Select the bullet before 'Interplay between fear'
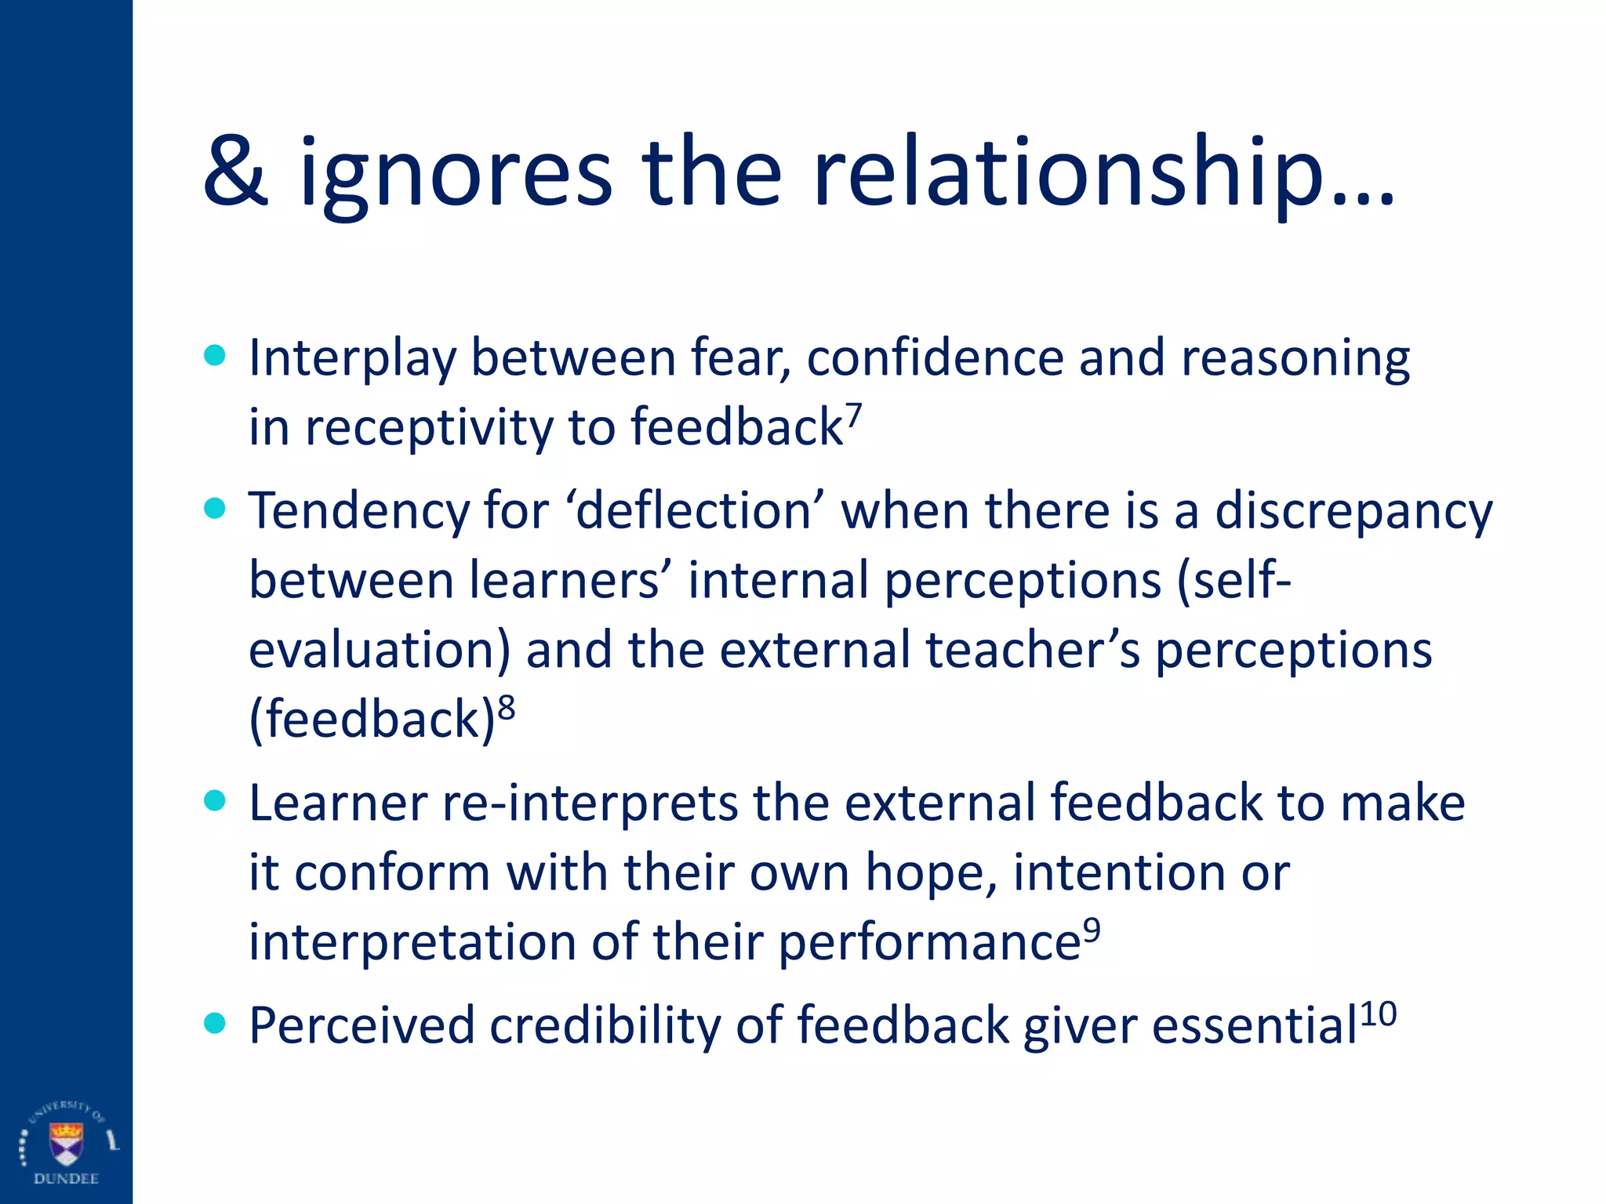[x=214, y=356]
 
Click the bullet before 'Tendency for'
[x=214, y=509]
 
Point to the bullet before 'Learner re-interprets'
[x=214, y=801]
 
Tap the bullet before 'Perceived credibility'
[x=214, y=1023]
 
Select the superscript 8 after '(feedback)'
[x=507, y=707]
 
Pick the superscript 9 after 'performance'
[x=1092, y=930]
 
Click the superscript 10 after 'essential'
[x=1378, y=1014]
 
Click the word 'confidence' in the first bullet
[x=935, y=357]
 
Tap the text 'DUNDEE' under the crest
[x=66, y=1179]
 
